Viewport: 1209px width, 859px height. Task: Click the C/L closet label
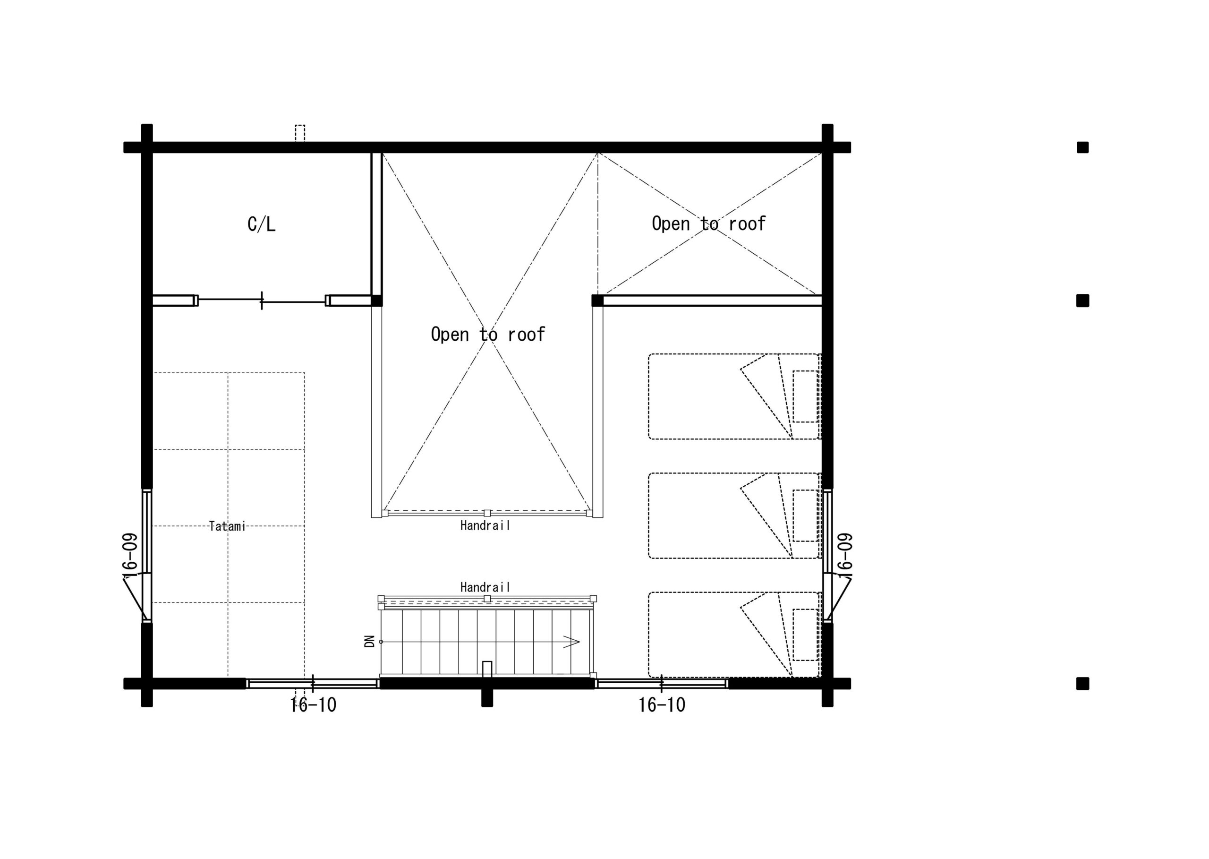261,224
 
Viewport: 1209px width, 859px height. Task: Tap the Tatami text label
227,526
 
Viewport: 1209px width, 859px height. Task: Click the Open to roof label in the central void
487,334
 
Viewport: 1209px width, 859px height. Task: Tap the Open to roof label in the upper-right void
708,224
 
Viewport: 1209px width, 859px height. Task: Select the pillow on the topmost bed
806,396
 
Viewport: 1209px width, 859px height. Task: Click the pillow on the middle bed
806,515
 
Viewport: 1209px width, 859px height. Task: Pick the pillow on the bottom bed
806,634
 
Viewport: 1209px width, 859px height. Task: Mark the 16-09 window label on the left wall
130,554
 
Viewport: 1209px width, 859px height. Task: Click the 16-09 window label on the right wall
845,554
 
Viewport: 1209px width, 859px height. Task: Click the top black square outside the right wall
1082,147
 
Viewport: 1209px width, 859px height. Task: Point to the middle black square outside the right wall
1082,301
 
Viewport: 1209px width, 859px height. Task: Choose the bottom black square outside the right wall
1082,683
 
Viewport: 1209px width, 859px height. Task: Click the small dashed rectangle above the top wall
300,133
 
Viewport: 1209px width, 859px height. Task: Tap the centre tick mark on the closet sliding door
262,301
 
